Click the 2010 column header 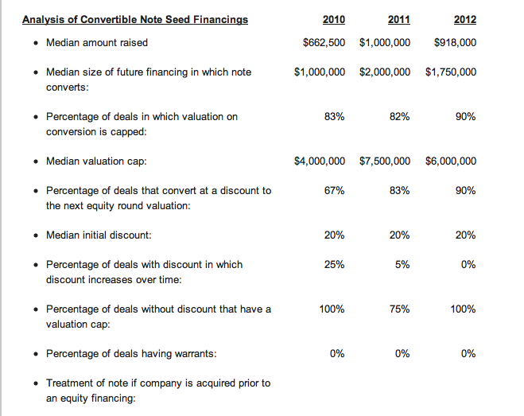click(333, 19)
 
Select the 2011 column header click(398, 19)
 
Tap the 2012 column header click(465, 19)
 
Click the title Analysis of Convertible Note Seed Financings click(135, 20)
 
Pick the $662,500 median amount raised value click(324, 42)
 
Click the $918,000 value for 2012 click(455, 42)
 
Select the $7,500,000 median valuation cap click(385, 161)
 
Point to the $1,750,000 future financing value click(451, 72)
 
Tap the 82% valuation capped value click(399, 116)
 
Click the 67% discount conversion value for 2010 click(334, 190)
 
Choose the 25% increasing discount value click(334, 265)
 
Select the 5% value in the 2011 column click(402, 265)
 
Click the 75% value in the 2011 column click(399, 309)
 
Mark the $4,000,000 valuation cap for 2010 click(320, 161)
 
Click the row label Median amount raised click(97, 42)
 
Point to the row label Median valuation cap click(96, 161)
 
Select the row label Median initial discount click(99, 235)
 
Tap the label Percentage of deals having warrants click(131, 353)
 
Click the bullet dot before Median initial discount click(36, 235)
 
